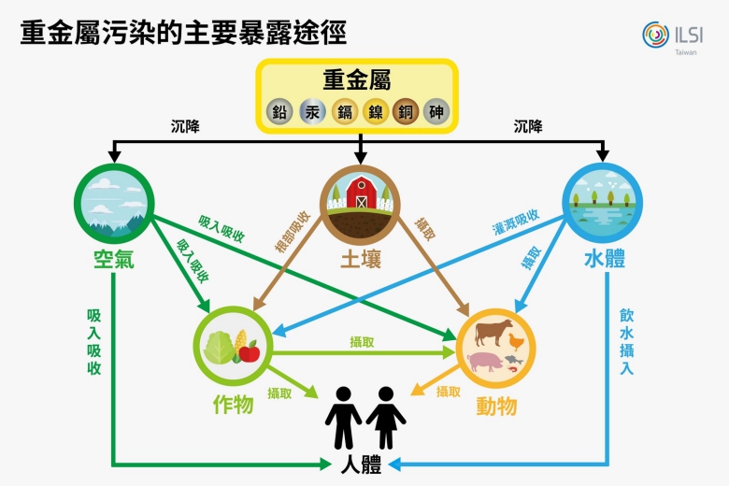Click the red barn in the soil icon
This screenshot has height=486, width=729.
pos(360,192)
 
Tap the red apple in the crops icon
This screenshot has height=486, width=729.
pos(249,351)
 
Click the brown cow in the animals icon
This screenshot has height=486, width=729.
pos(494,332)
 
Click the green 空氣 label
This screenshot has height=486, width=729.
pos(113,258)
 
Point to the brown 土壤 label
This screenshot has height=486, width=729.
pos(360,258)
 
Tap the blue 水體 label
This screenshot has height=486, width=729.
pos(605,258)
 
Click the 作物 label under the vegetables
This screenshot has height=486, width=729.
pos(233,404)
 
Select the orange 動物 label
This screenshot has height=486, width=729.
pos(496,406)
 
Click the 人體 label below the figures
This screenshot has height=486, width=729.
pos(363,465)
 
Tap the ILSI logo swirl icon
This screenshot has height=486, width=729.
pos(655,35)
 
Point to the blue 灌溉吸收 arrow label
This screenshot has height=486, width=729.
pos(515,222)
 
